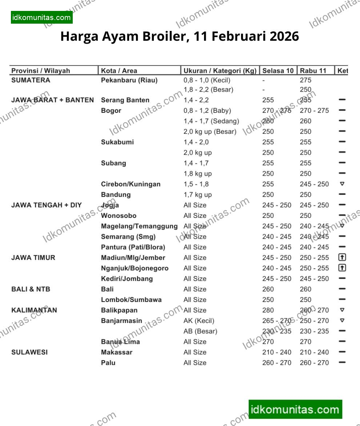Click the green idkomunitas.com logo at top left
[41, 17]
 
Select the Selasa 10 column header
[278, 71]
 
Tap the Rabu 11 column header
[313, 71]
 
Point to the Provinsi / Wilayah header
[40, 71]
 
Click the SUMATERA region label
[31, 80]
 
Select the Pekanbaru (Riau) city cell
[129, 80]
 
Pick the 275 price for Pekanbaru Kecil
[306, 80]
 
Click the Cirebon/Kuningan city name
[131, 184]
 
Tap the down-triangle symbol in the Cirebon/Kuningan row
[342, 184]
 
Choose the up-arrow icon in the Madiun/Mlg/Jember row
[342, 258]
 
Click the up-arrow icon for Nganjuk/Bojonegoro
[342, 268]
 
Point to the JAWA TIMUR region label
[33, 258]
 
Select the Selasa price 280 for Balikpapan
[268, 310]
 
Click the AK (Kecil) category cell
[199, 321]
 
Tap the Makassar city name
[117, 352]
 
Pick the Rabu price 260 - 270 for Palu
[314, 363]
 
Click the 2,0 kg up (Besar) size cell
[210, 132]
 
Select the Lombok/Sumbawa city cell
[131, 300]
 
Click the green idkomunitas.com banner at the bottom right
[295, 410]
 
